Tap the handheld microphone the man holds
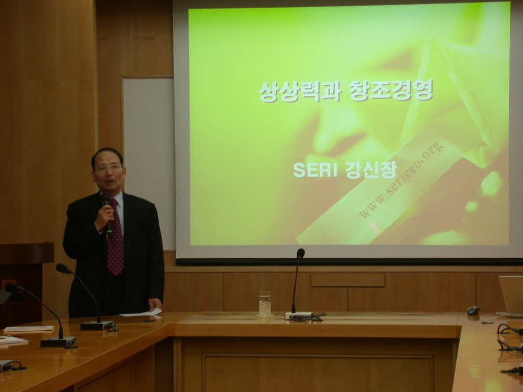tap(107, 212)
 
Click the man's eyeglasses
tap(108, 168)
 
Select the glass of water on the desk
tap(265, 304)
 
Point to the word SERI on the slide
tap(315, 170)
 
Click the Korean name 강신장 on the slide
tap(371, 170)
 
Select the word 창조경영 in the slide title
tap(391, 90)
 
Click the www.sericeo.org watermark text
tap(401, 180)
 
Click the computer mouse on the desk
tap(473, 310)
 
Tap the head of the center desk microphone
tap(300, 253)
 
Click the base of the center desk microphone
tap(299, 315)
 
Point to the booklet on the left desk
tap(29, 329)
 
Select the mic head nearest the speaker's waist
tap(63, 268)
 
